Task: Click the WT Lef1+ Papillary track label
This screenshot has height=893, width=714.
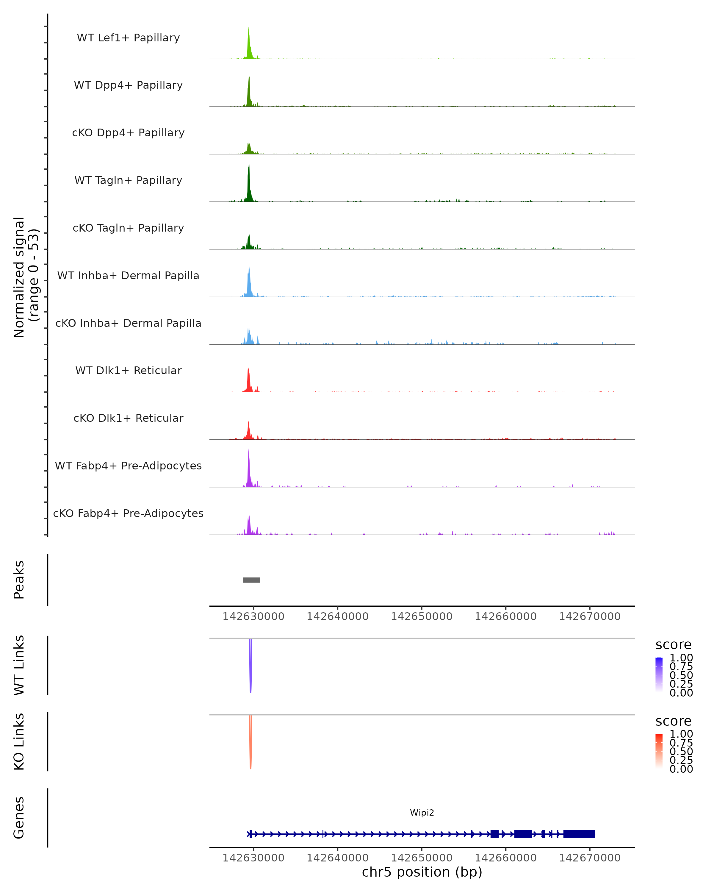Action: pos(128,38)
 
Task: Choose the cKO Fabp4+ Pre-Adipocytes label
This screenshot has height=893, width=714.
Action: pos(128,513)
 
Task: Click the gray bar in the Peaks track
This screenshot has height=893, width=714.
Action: pos(251,580)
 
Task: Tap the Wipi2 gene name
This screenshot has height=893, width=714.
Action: pos(422,813)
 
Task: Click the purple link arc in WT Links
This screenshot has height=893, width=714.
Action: pos(250,667)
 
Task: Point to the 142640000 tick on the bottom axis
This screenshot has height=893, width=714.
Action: pos(337,858)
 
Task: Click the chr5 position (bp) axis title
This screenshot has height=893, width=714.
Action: pos(422,872)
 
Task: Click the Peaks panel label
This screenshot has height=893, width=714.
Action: pos(19,580)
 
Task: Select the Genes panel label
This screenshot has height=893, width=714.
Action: pos(19,818)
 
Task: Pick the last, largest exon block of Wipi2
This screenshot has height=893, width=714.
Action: pos(579,834)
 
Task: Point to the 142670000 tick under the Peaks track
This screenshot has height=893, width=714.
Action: pos(589,617)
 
